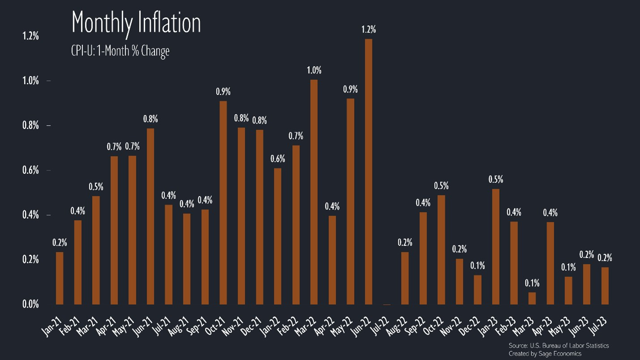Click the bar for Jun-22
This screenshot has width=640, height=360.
(368, 172)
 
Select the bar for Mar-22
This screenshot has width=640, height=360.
(314, 193)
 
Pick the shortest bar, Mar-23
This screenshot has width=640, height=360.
(532, 299)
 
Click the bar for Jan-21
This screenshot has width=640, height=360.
(60, 279)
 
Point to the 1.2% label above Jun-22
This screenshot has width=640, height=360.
(369, 30)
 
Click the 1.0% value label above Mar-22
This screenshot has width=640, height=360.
(314, 70)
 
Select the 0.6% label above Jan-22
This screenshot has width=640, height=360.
(277, 159)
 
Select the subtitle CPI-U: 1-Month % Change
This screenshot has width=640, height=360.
(120, 51)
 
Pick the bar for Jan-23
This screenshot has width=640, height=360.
(495, 247)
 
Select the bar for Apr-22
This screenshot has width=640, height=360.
(332, 260)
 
